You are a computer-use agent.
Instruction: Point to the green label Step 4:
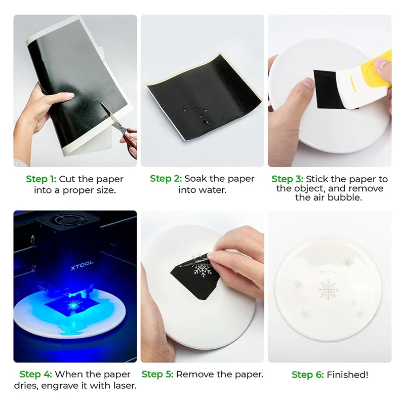pos(36,375)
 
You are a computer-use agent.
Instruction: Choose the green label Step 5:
pos(158,375)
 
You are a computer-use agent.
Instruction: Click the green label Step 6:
pos(308,375)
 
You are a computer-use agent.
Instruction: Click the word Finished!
pos(347,375)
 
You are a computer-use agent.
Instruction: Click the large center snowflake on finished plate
pos(329,289)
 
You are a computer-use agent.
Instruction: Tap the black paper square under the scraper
pos(324,89)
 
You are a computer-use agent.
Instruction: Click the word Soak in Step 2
pos(195,179)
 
